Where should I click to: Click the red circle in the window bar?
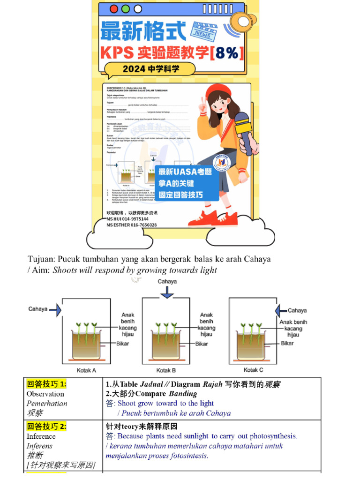[114, 9]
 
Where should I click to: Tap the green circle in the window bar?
[125, 9]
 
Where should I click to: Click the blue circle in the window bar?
[136, 9]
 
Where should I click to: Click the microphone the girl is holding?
[244, 127]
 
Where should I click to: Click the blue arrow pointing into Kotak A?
[55, 309]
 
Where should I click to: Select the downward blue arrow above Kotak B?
[166, 292]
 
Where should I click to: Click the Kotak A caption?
[86, 370]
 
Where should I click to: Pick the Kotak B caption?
[166, 370]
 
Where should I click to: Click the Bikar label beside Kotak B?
[202, 344]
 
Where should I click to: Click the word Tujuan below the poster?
[41, 259]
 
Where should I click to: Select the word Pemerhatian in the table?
[47, 404]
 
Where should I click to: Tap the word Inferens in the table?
[39, 446]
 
